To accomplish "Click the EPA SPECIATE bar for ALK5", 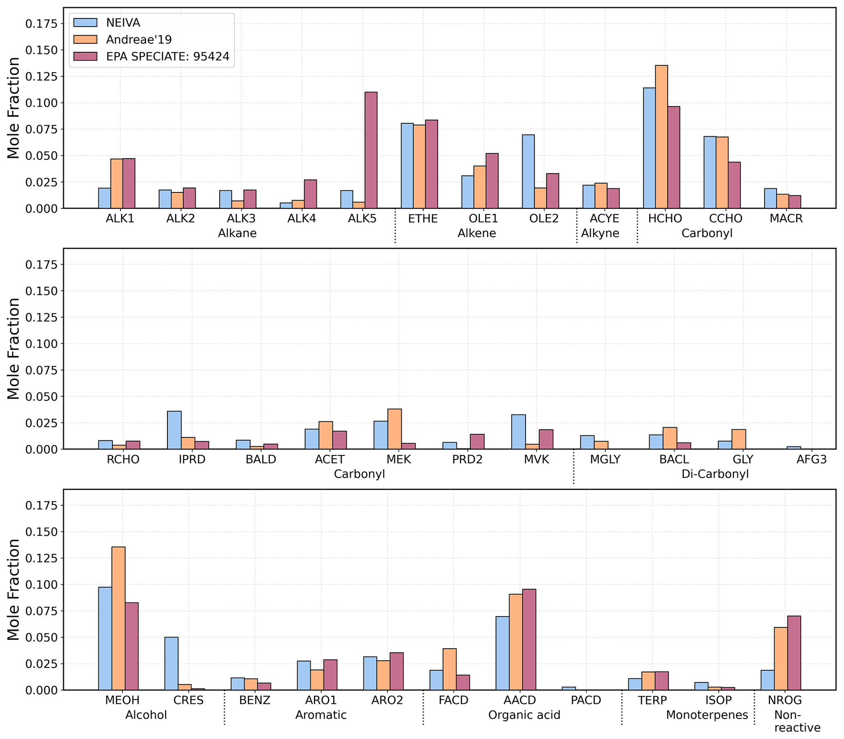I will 371,150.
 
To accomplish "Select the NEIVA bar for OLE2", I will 528,172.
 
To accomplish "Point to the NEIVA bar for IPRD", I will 174,430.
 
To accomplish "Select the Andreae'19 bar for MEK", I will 394,429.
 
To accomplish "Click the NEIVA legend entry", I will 123,23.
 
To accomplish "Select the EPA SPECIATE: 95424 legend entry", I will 167,56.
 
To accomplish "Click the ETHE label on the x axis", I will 423,219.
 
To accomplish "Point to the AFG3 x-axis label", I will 811,460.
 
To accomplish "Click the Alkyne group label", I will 600,233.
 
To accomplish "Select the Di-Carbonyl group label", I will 715,474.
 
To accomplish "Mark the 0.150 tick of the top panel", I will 41,50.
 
